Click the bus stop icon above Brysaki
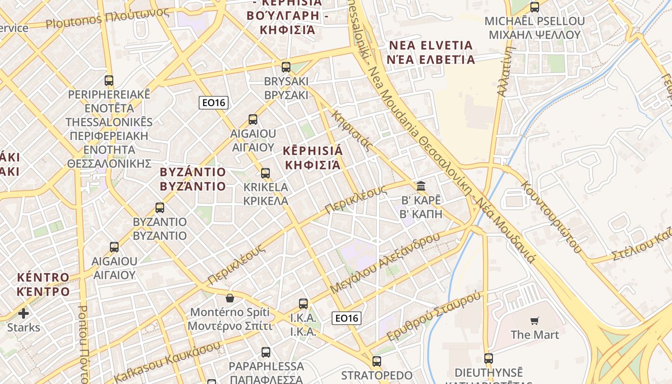[x=286, y=67]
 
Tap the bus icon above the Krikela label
[x=265, y=173]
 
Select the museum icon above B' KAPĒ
[x=421, y=186]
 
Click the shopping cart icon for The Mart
[x=535, y=321]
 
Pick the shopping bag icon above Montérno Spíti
[x=230, y=298]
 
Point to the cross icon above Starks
[x=23, y=314]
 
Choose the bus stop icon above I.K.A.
[x=303, y=303]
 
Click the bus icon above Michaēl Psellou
[x=534, y=7]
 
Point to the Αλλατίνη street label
[x=507, y=71]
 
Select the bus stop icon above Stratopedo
[x=377, y=361]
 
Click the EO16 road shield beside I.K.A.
[x=347, y=318]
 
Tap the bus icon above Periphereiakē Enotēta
[x=109, y=80]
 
